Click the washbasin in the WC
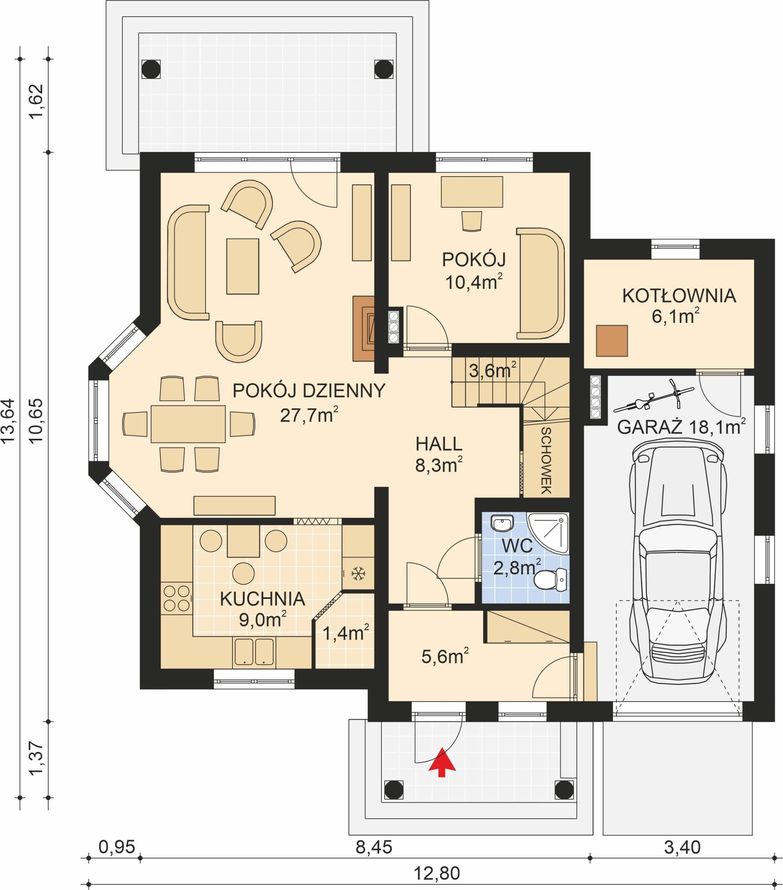tap(502, 523)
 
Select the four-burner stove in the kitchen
tap(176, 598)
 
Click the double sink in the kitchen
tap(254, 652)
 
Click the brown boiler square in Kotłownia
tap(612, 340)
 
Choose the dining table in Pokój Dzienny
tap(188, 424)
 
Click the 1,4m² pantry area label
tap(345, 633)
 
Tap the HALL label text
tap(439, 444)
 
